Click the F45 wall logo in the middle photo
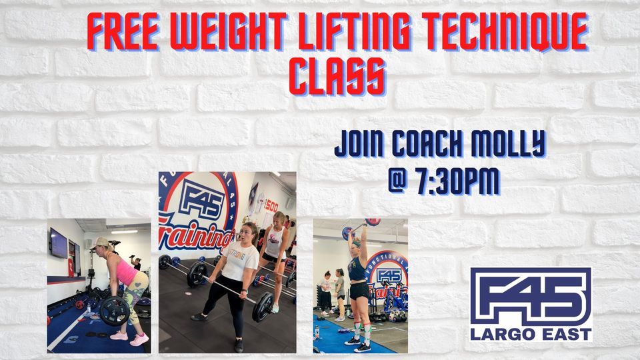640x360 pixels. [x=198, y=200]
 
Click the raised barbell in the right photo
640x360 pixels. [x=361, y=227]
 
